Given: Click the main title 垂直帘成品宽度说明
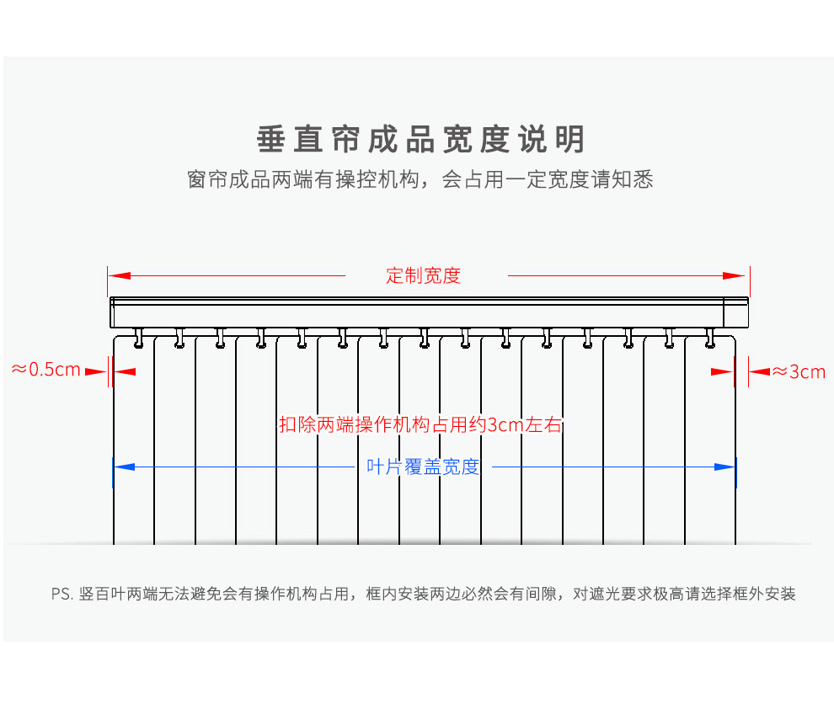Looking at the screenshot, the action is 421,139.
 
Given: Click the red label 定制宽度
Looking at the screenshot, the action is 424,276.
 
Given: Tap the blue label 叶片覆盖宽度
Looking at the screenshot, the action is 424,467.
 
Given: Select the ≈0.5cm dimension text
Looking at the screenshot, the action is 46,370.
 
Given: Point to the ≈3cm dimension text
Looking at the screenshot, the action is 799,371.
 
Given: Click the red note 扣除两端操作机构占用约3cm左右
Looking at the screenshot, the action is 420,425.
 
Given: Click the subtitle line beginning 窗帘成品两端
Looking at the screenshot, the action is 420,179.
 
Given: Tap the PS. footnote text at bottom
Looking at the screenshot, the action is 424,594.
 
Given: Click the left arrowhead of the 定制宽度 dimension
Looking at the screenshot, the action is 119,275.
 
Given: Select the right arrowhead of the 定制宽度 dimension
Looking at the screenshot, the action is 735,275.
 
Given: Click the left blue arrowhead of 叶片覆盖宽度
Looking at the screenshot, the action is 125,467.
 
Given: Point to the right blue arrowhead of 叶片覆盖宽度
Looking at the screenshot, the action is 724,467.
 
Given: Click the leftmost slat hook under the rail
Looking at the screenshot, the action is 139,339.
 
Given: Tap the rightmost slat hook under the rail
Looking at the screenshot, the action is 709,339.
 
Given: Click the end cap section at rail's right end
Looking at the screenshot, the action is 736,312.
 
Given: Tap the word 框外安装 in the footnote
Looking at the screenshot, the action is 764,594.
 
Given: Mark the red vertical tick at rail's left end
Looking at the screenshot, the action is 108,281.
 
